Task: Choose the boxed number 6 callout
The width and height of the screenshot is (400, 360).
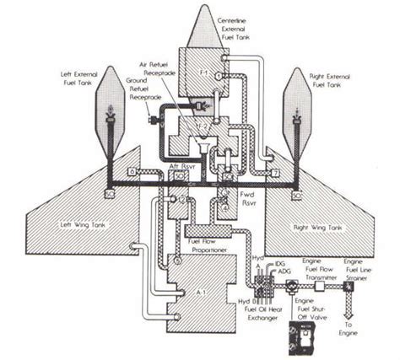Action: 132,171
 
